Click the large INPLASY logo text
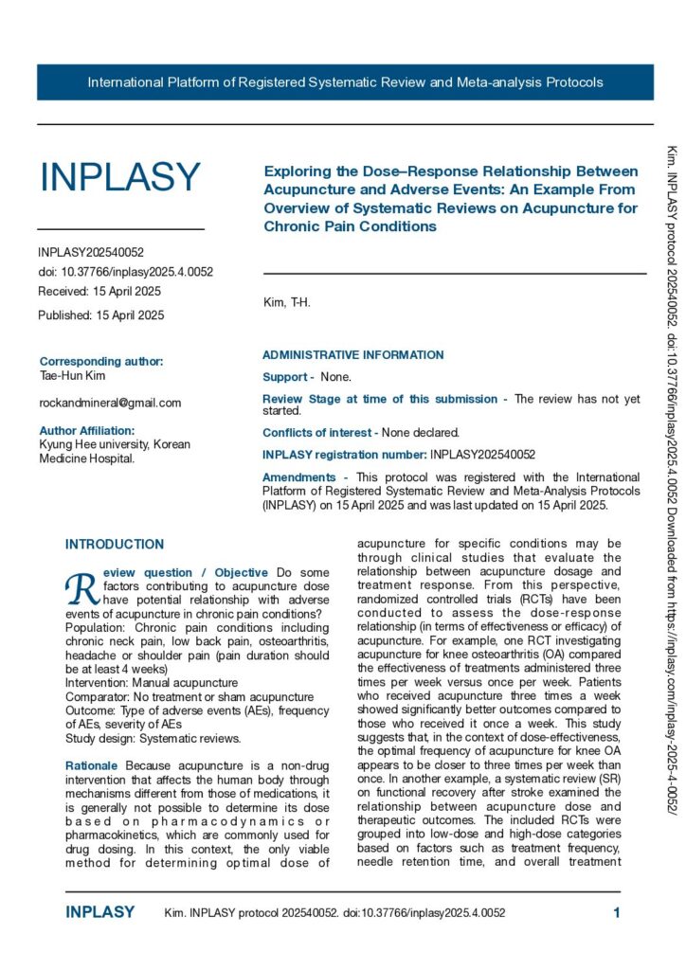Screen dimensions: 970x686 120,177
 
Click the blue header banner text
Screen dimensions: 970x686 345,82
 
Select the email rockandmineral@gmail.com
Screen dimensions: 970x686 110,403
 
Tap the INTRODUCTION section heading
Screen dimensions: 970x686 115,545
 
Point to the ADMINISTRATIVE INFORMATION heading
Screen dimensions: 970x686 352,355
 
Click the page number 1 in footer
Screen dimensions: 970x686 617,913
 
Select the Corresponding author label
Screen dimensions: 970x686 101,361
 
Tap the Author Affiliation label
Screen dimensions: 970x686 87,430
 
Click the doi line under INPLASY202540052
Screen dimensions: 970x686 125,271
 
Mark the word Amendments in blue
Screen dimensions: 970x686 298,477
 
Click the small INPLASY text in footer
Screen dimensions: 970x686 100,913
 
